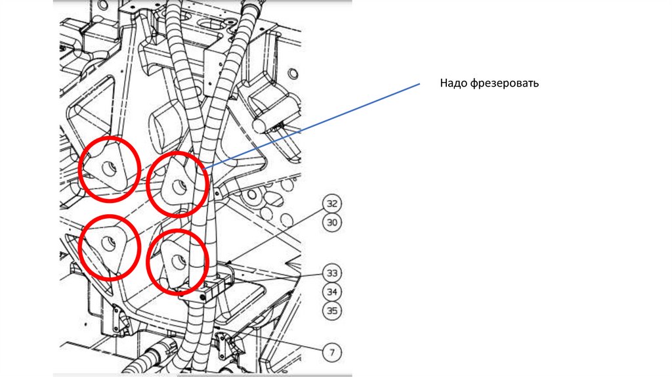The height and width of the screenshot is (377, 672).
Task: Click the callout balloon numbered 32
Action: click(x=332, y=204)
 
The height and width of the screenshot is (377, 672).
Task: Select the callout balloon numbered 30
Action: click(x=332, y=223)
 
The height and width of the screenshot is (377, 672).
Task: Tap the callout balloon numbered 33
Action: click(x=332, y=273)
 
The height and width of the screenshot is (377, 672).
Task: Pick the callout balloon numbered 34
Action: click(x=332, y=292)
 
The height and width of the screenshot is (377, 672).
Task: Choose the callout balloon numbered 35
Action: click(x=332, y=311)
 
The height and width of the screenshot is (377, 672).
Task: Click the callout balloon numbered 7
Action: click(x=332, y=353)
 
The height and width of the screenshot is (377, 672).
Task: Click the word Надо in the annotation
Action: click(x=453, y=83)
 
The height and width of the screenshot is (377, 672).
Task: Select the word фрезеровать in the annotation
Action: click(x=505, y=83)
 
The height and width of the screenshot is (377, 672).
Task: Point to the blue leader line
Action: click(x=312, y=125)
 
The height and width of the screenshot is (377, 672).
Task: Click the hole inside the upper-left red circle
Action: click(x=109, y=169)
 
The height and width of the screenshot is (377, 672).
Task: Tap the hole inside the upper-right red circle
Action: click(x=178, y=186)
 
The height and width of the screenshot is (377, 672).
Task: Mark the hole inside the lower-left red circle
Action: click(x=108, y=244)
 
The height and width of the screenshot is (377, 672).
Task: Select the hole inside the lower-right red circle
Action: click(x=178, y=261)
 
